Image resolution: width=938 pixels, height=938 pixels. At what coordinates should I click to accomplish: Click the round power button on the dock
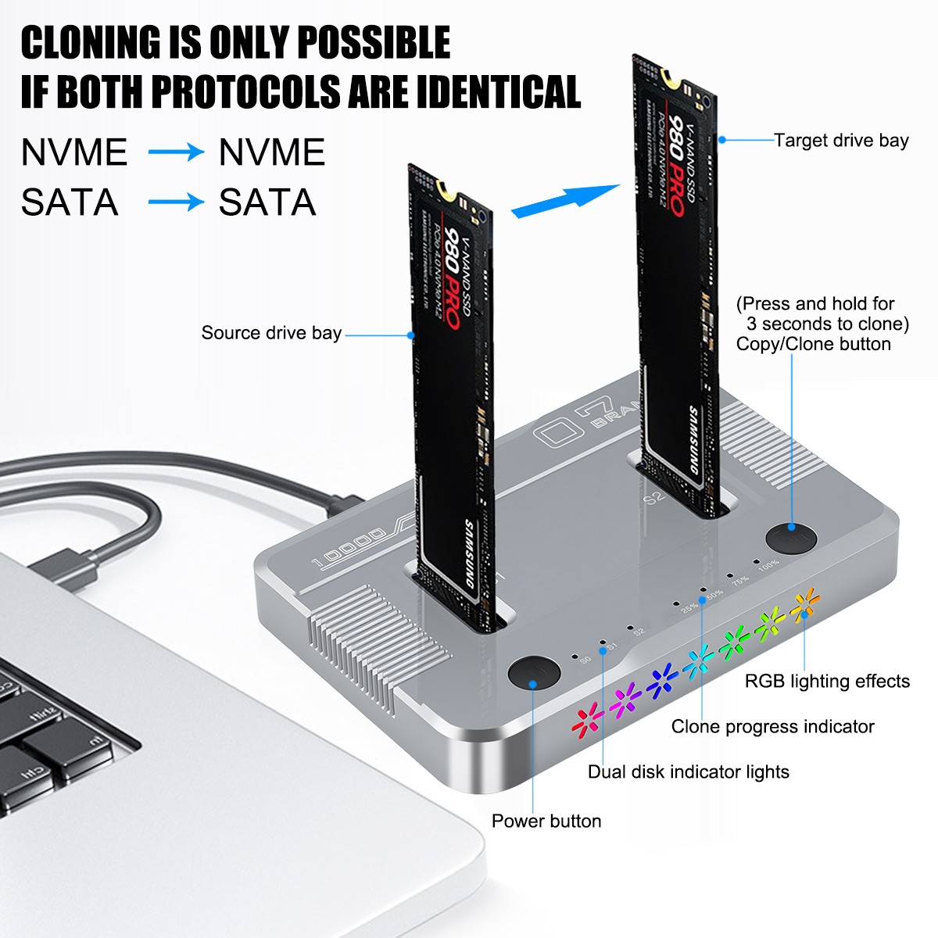[534, 674]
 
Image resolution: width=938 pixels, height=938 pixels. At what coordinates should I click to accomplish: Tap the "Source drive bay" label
[271, 333]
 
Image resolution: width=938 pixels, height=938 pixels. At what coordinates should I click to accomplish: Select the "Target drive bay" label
[841, 141]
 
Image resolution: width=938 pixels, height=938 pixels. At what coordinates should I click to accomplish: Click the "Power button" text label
[546, 821]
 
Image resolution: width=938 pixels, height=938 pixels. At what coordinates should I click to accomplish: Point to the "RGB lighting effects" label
[827, 681]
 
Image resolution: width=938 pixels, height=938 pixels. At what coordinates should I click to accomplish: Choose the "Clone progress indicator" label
[772, 726]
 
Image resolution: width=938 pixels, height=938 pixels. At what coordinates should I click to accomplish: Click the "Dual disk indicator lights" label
[689, 772]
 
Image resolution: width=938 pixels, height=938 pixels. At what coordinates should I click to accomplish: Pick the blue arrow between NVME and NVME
[175, 152]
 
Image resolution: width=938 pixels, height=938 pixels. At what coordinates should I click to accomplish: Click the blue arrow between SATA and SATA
[175, 203]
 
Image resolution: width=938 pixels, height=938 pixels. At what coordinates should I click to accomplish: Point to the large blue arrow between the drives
[564, 200]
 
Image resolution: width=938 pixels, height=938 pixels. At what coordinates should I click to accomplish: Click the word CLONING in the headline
[89, 42]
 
